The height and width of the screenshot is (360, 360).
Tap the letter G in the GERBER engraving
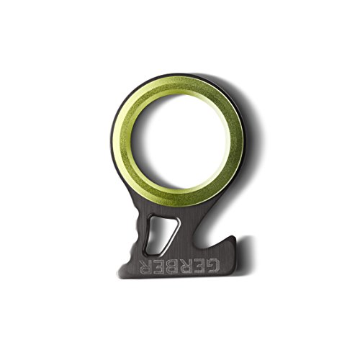point(212,266)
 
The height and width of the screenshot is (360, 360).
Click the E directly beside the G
point(200,266)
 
